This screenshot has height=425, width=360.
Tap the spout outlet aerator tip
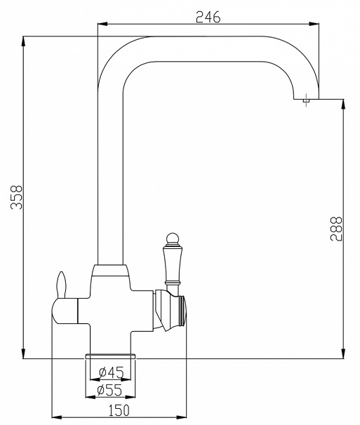click(x=306, y=102)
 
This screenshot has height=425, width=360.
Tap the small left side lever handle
click(x=62, y=285)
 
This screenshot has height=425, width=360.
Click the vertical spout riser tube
click(x=110, y=175)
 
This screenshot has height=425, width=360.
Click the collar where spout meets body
click(x=110, y=269)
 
